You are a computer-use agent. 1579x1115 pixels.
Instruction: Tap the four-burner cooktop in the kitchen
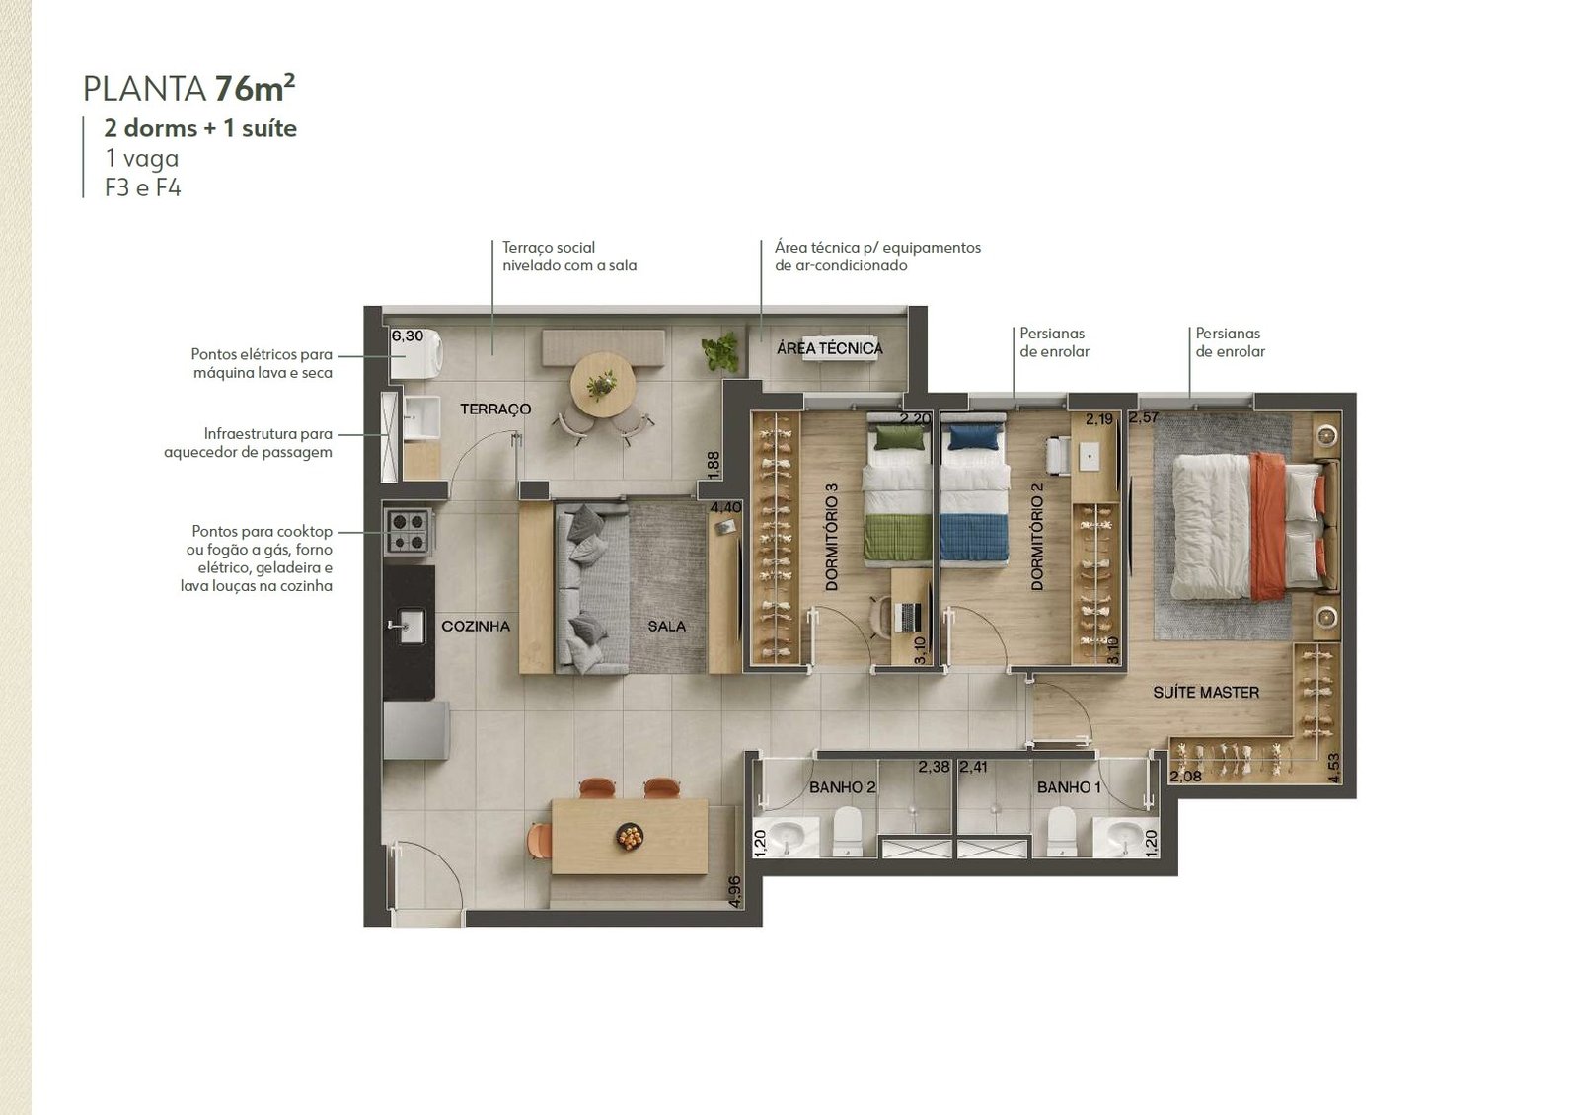click(409, 532)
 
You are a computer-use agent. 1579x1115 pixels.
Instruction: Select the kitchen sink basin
click(408, 626)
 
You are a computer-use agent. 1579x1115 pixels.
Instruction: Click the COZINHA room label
click(476, 626)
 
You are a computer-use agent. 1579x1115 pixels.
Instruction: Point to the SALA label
click(667, 626)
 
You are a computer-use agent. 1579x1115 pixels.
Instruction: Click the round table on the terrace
click(603, 386)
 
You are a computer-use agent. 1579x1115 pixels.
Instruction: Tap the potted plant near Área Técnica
click(720, 351)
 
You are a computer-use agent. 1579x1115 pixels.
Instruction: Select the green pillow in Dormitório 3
click(899, 438)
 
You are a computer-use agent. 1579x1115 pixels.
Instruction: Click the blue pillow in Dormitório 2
click(975, 438)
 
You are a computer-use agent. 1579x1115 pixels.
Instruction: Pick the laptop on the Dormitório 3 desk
click(907, 618)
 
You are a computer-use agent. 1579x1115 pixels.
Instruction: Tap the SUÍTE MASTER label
click(1206, 692)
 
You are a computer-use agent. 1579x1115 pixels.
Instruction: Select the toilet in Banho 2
click(848, 832)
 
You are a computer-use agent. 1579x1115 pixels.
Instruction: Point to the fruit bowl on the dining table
click(630, 836)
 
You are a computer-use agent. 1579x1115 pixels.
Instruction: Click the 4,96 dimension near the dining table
click(734, 892)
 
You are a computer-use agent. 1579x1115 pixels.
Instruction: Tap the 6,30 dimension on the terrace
click(408, 335)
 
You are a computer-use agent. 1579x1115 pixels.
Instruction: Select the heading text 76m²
click(255, 88)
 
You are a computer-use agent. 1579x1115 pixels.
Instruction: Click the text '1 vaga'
click(142, 158)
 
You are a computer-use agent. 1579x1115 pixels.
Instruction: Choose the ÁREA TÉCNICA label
click(830, 348)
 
